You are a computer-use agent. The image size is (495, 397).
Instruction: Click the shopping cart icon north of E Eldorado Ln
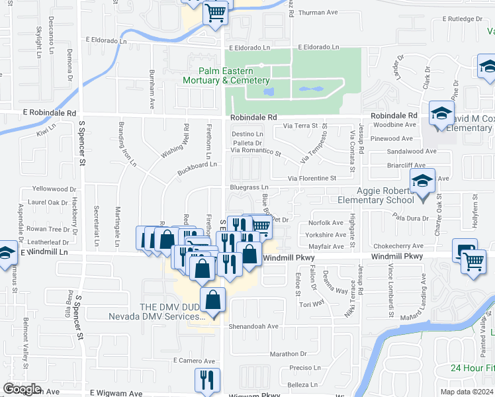tap(215, 11)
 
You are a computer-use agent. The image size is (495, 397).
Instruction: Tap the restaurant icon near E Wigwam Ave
tap(206, 379)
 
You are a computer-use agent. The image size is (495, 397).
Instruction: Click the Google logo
tap(22, 389)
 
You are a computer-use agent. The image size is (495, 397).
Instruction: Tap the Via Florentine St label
tap(312, 178)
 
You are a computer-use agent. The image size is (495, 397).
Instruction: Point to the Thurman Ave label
tap(318, 13)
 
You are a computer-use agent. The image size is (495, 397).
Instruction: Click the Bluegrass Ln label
tap(249, 188)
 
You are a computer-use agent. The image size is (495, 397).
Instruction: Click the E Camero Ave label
tap(195, 361)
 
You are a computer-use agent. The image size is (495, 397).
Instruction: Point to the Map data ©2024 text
tap(467, 391)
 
